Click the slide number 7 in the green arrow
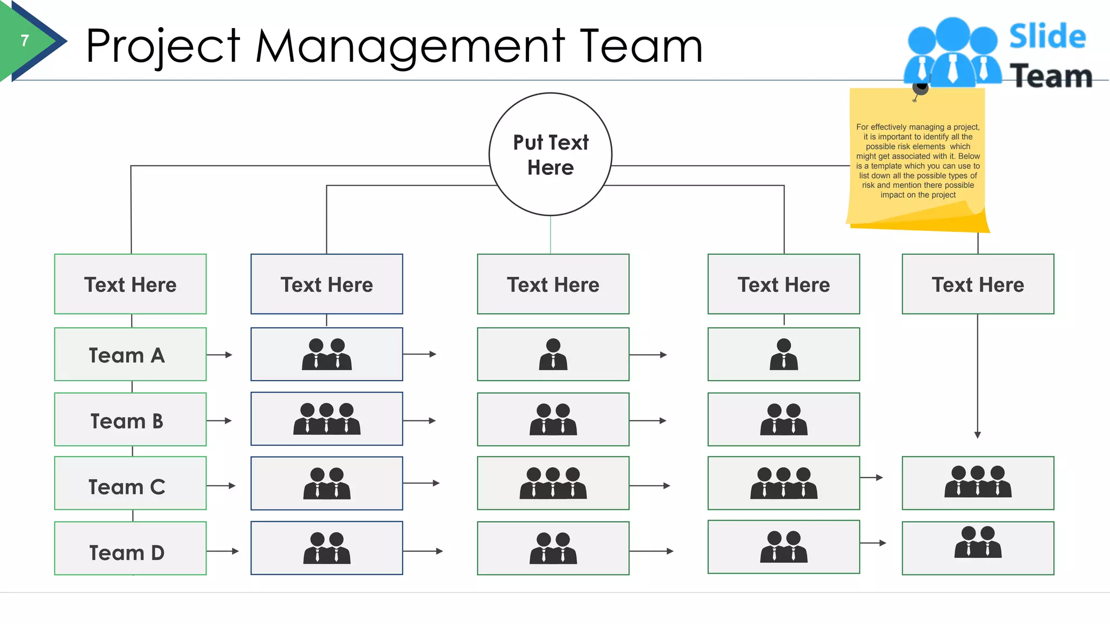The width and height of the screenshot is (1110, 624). click(x=25, y=41)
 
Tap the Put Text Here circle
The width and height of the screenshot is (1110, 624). click(x=550, y=154)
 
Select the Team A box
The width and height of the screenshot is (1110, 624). click(x=130, y=355)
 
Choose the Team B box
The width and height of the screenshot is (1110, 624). click(x=130, y=420)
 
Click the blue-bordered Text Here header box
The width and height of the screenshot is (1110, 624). click(x=326, y=284)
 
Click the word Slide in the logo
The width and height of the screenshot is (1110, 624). click(x=1047, y=37)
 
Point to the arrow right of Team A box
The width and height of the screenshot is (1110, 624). click(x=220, y=355)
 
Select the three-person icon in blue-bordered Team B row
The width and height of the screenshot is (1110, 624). click(x=326, y=419)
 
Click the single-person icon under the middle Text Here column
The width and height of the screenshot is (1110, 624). click(x=553, y=354)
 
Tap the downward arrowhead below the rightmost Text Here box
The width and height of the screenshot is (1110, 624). click(x=977, y=434)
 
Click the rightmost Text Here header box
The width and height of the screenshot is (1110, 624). click(x=978, y=284)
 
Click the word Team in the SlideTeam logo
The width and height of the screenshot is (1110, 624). click(x=1050, y=76)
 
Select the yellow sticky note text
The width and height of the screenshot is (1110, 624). click(x=918, y=161)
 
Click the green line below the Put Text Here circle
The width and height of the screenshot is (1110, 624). click(x=550, y=235)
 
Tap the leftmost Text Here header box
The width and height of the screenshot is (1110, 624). click(x=130, y=284)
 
